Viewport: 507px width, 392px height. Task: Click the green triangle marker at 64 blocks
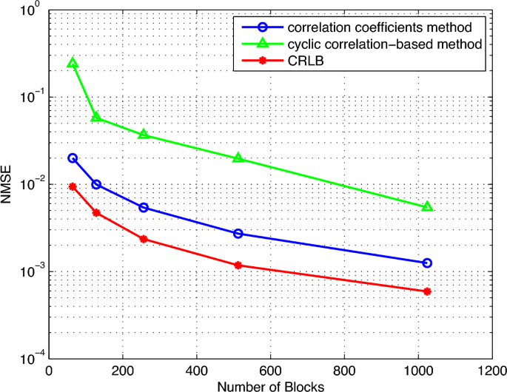pyautogui.click(x=73, y=64)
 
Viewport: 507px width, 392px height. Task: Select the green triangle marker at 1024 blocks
pyautogui.click(x=427, y=206)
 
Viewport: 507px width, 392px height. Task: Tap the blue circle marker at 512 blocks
pyautogui.click(x=238, y=234)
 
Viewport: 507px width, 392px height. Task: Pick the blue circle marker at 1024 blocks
pyautogui.click(x=427, y=263)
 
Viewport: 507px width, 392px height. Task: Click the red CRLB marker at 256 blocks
pyautogui.click(x=144, y=239)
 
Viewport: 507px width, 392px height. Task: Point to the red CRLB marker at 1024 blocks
pyautogui.click(x=427, y=291)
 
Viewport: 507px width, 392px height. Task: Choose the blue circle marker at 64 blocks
pyautogui.click(x=73, y=158)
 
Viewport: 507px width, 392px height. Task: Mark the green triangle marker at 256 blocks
pyautogui.click(x=144, y=134)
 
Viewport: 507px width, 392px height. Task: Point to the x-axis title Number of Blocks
pyautogui.click(x=271, y=385)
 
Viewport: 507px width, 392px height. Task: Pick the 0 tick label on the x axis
pyautogui.click(x=50, y=371)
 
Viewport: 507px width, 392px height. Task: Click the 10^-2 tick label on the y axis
pyautogui.click(x=30, y=185)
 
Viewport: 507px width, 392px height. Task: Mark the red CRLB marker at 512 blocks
pyautogui.click(x=238, y=265)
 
